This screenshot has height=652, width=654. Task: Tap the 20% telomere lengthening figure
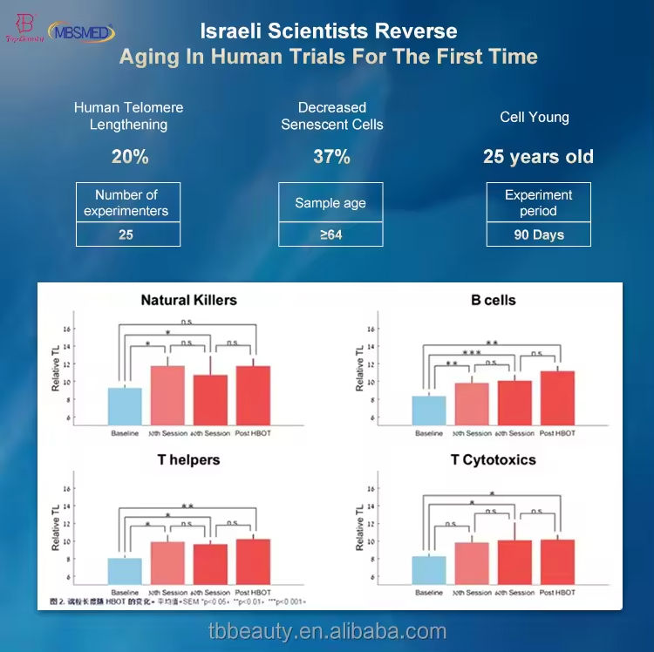(129, 157)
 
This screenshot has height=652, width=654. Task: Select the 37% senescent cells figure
(331, 157)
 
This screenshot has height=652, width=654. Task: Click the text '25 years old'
(538, 157)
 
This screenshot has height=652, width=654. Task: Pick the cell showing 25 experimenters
(126, 234)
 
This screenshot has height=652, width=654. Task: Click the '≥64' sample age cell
(331, 234)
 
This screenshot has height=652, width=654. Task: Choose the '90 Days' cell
(538, 234)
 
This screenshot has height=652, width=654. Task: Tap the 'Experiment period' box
(538, 202)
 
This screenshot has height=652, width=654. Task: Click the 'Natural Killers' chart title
(188, 300)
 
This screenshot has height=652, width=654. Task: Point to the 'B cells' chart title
(493, 300)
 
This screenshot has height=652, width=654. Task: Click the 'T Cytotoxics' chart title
(493, 459)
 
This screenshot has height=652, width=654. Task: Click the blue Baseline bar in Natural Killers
(125, 406)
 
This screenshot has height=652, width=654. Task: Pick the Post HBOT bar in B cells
(557, 397)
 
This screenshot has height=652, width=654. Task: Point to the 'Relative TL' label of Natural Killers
(56, 369)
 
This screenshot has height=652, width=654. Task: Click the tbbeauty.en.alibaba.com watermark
(327, 632)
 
